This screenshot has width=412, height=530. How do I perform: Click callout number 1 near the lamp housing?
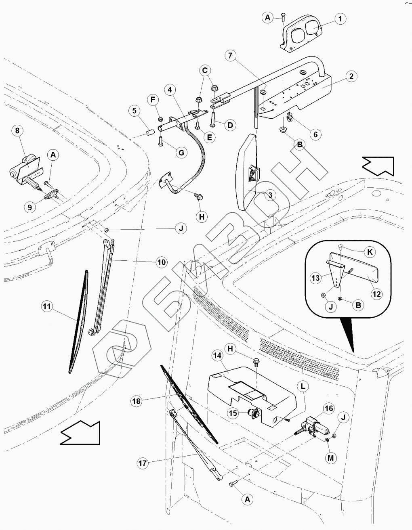(340, 19)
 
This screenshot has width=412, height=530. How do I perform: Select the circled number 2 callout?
(351, 76)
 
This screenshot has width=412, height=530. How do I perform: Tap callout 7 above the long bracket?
(230, 56)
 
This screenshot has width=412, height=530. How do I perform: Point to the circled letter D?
(230, 126)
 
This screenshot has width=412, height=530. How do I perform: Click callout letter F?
(153, 100)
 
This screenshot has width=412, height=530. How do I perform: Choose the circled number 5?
(135, 111)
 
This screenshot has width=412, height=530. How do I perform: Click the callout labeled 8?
(17, 130)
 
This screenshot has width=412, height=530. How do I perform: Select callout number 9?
(30, 207)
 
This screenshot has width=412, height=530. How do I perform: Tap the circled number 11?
(47, 306)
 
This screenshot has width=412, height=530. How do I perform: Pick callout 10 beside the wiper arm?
(162, 262)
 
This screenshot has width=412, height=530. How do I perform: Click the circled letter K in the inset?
(370, 252)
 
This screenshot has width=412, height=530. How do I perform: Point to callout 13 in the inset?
(315, 278)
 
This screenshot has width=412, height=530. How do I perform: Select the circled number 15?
(233, 413)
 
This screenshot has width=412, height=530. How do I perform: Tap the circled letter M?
(330, 458)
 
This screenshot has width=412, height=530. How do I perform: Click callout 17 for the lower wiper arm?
(143, 463)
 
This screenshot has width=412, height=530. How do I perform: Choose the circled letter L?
(303, 386)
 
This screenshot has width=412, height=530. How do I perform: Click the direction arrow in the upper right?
(378, 166)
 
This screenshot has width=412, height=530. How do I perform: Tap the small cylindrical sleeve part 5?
(151, 133)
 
